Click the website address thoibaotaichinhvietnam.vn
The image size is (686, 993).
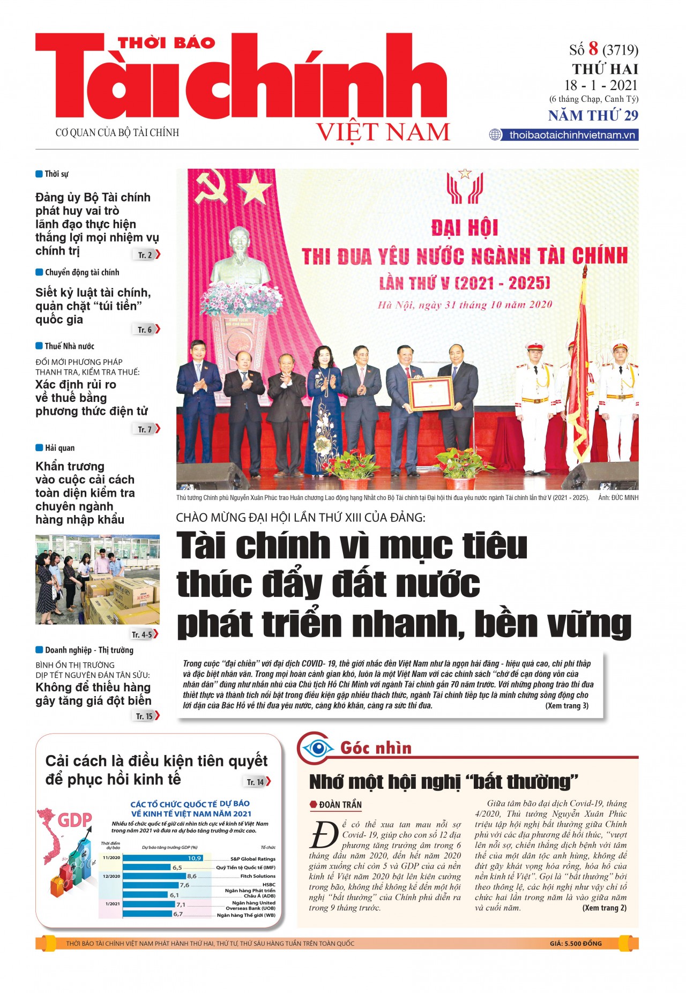[572, 135]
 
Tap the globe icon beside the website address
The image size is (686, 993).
[495, 135]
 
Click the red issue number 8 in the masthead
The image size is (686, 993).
[593, 49]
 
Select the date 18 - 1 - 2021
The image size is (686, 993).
[601, 85]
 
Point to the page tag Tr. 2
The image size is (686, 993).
[146, 255]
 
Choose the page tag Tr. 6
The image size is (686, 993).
[146, 330]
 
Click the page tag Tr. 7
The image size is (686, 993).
[146, 429]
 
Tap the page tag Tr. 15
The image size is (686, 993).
[145, 716]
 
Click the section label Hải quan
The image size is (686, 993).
[59, 448]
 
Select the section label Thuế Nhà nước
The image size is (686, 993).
[69, 346]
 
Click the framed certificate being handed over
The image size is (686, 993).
[431, 393]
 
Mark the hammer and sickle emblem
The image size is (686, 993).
[212, 187]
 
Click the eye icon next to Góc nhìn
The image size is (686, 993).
[317, 748]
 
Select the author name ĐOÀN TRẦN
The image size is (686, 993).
[340, 805]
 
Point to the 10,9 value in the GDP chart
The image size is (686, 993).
[194, 858]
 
